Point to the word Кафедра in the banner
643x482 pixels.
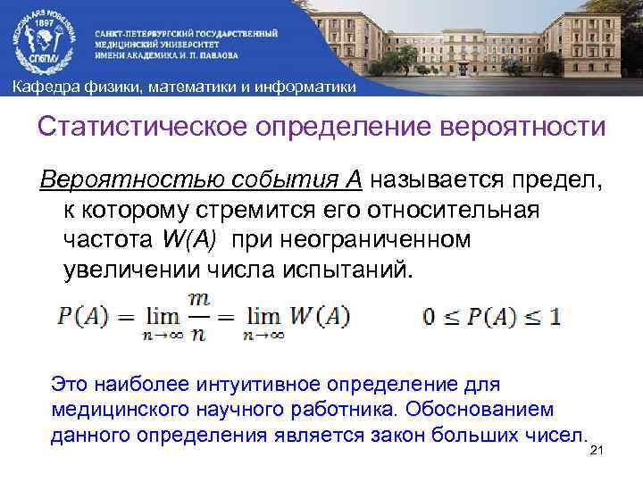pos(37,87)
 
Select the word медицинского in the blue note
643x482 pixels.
pos(108,409)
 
